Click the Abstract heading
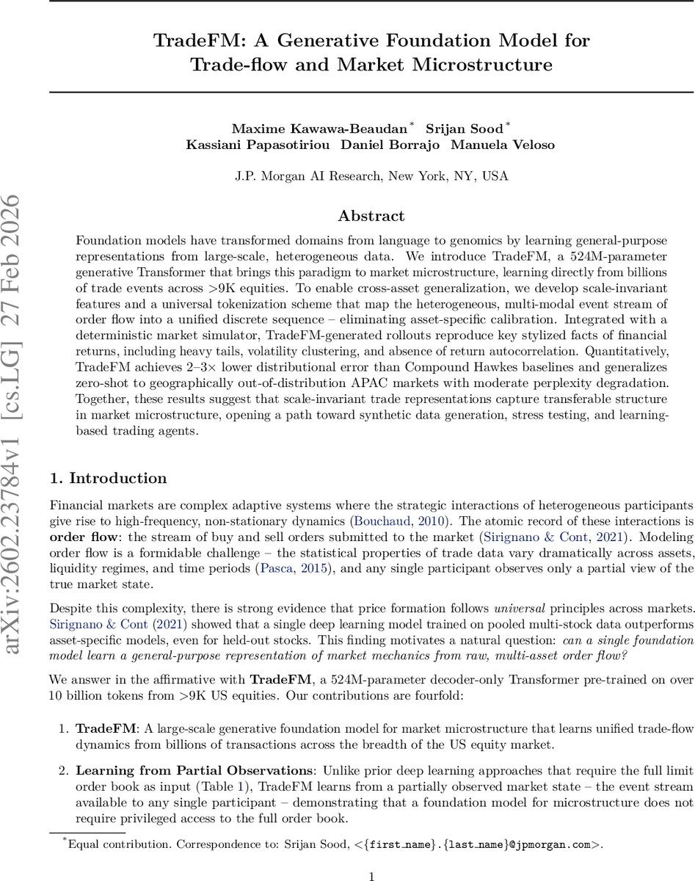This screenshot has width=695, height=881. coord(371,216)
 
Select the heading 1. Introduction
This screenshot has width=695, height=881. coord(108,478)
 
